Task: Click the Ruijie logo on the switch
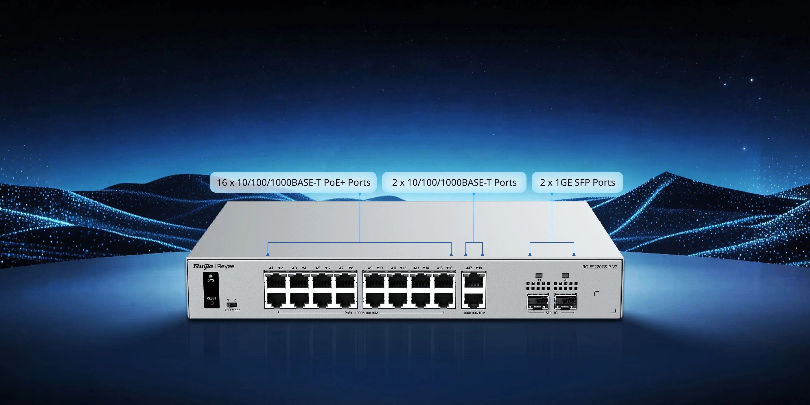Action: tap(203, 267)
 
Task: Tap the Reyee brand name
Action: tap(226, 267)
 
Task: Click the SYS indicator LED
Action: tap(211, 276)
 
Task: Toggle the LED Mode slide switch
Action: tap(231, 305)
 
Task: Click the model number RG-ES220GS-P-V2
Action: tap(600, 267)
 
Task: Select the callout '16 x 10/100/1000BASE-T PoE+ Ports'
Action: tap(293, 182)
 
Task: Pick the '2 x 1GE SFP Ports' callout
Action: tap(577, 182)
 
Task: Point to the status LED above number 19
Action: tap(539, 275)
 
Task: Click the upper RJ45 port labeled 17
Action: tap(474, 281)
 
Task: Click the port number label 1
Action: tap(271, 268)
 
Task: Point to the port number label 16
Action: tap(449, 268)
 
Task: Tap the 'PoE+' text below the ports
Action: tap(348, 313)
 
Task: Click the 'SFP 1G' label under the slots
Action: tap(552, 313)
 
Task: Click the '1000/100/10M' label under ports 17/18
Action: tap(474, 313)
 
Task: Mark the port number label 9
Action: tap(370, 268)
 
